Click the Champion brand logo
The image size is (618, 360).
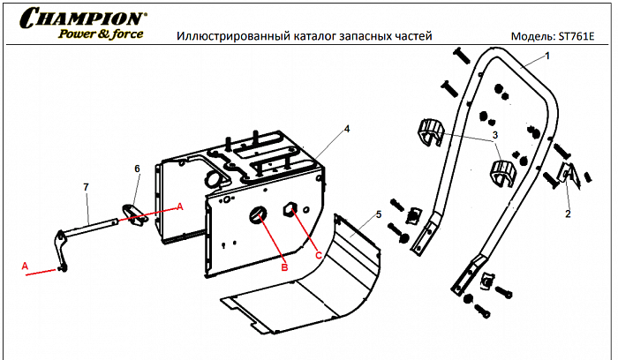pos(84,19)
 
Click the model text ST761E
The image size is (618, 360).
pos(579,37)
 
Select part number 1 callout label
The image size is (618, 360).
pos(546,56)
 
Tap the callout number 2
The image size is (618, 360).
pos(568,214)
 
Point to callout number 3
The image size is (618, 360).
pos(495,134)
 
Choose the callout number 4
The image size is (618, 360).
pos(347,129)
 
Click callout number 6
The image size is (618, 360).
pos(137,168)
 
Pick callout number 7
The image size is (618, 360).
pos(86,187)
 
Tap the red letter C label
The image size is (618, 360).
pos(318,255)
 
